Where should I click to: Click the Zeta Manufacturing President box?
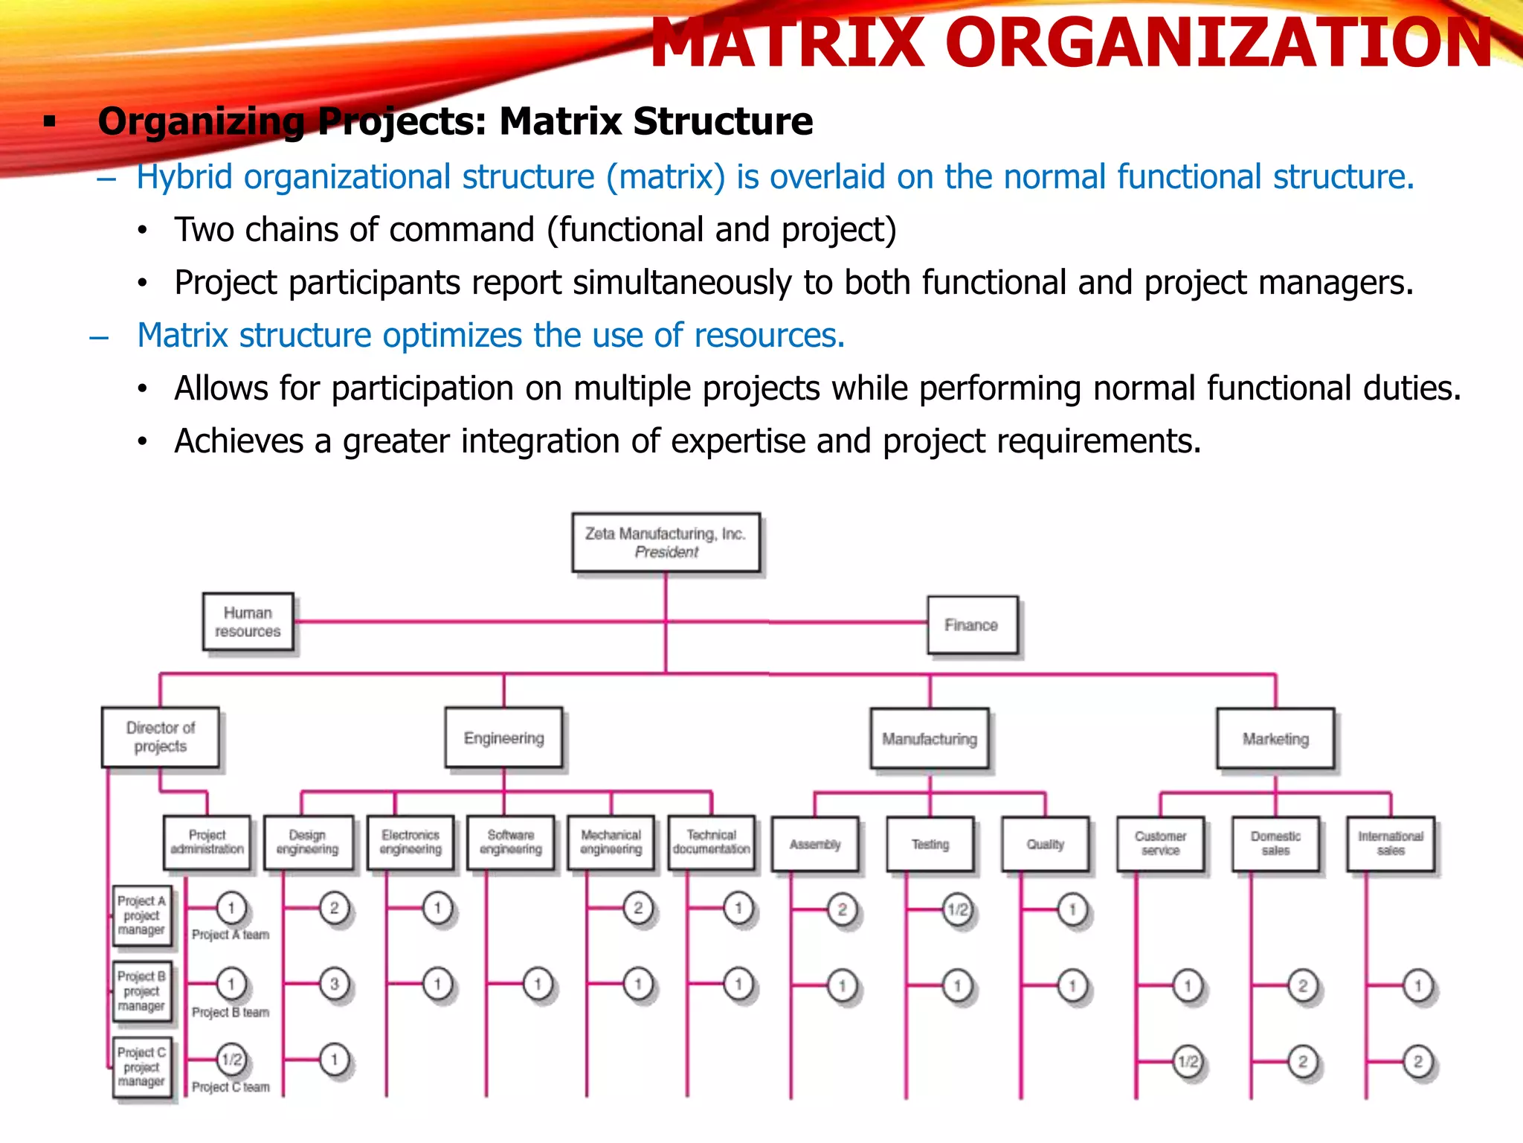point(666,542)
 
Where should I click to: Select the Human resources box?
point(248,621)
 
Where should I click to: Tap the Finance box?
point(971,625)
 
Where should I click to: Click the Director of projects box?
point(160,737)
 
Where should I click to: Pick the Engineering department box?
point(503,737)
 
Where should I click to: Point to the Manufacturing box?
point(929,738)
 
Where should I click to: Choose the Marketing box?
point(1275,738)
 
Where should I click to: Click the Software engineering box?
point(510,842)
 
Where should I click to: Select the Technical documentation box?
point(711,842)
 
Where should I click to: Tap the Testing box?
point(930,844)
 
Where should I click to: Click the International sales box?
point(1390,844)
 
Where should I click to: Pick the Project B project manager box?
point(141,990)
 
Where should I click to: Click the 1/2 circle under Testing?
point(957,909)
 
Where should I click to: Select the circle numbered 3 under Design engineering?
point(334,984)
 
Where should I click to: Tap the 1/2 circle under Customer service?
point(1188,1061)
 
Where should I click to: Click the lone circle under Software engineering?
point(537,984)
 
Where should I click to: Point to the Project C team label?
point(231,1087)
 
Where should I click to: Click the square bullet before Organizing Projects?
point(50,121)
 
